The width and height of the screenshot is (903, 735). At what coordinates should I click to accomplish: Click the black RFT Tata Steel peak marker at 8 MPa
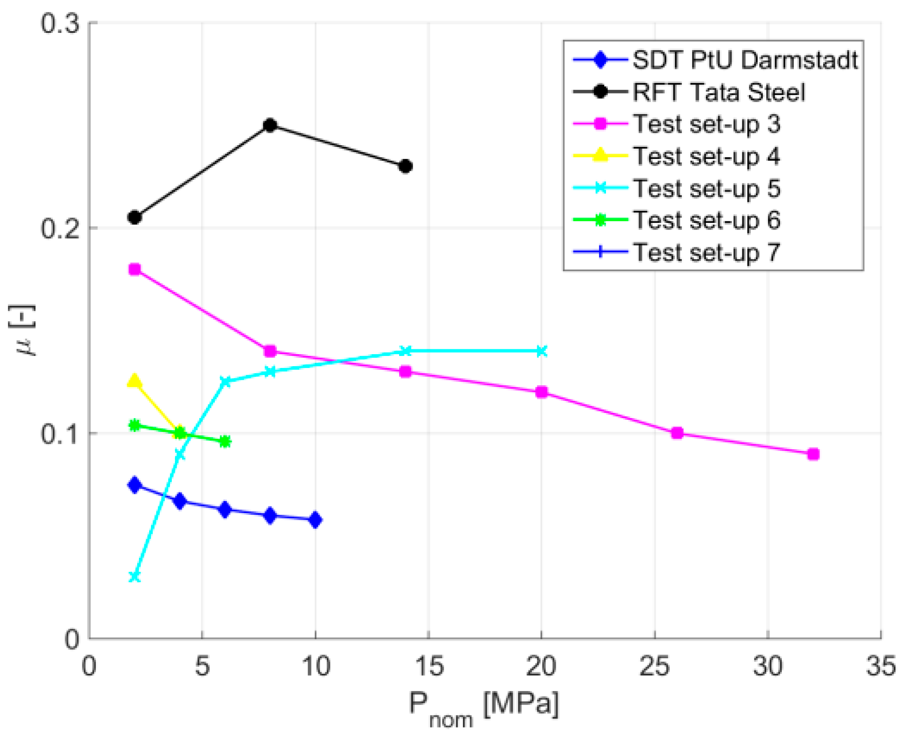[269, 126]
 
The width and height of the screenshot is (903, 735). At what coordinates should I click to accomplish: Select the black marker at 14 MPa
[405, 166]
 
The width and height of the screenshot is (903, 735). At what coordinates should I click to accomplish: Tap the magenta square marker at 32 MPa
[812, 454]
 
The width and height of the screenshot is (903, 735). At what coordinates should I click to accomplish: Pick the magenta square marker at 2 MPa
[135, 269]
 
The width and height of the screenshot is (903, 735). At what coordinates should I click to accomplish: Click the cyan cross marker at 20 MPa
[541, 351]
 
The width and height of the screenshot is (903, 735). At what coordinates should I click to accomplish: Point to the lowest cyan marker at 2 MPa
[135, 577]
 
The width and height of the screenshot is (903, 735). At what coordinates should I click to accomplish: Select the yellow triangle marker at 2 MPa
[135, 381]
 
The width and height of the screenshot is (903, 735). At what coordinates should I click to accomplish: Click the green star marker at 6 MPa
[225, 442]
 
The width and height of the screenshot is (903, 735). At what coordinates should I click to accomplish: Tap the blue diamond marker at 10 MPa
[315, 520]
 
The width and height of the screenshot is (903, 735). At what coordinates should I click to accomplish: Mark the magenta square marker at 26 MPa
[677, 433]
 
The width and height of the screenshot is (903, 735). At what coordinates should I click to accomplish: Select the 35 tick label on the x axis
[881, 666]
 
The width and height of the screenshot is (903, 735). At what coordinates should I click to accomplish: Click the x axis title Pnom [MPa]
[484, 706]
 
